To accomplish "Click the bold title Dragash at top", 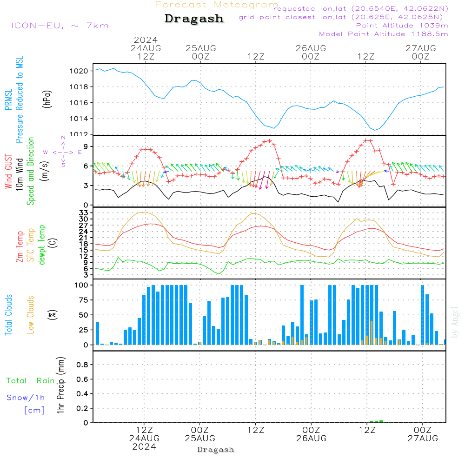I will (194, 19).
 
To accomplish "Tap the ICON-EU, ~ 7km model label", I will (60, 26).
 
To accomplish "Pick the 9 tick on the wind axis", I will (86, 146).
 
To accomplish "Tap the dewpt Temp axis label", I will (42, 245).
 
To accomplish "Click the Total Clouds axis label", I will (9, 315).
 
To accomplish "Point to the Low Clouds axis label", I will (31, 315).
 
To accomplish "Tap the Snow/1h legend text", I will (26, 398).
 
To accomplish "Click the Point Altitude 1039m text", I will (402, 25).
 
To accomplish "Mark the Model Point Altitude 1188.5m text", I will (383, 34).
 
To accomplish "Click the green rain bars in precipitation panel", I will (378, 421).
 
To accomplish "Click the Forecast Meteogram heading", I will (217, 5).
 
